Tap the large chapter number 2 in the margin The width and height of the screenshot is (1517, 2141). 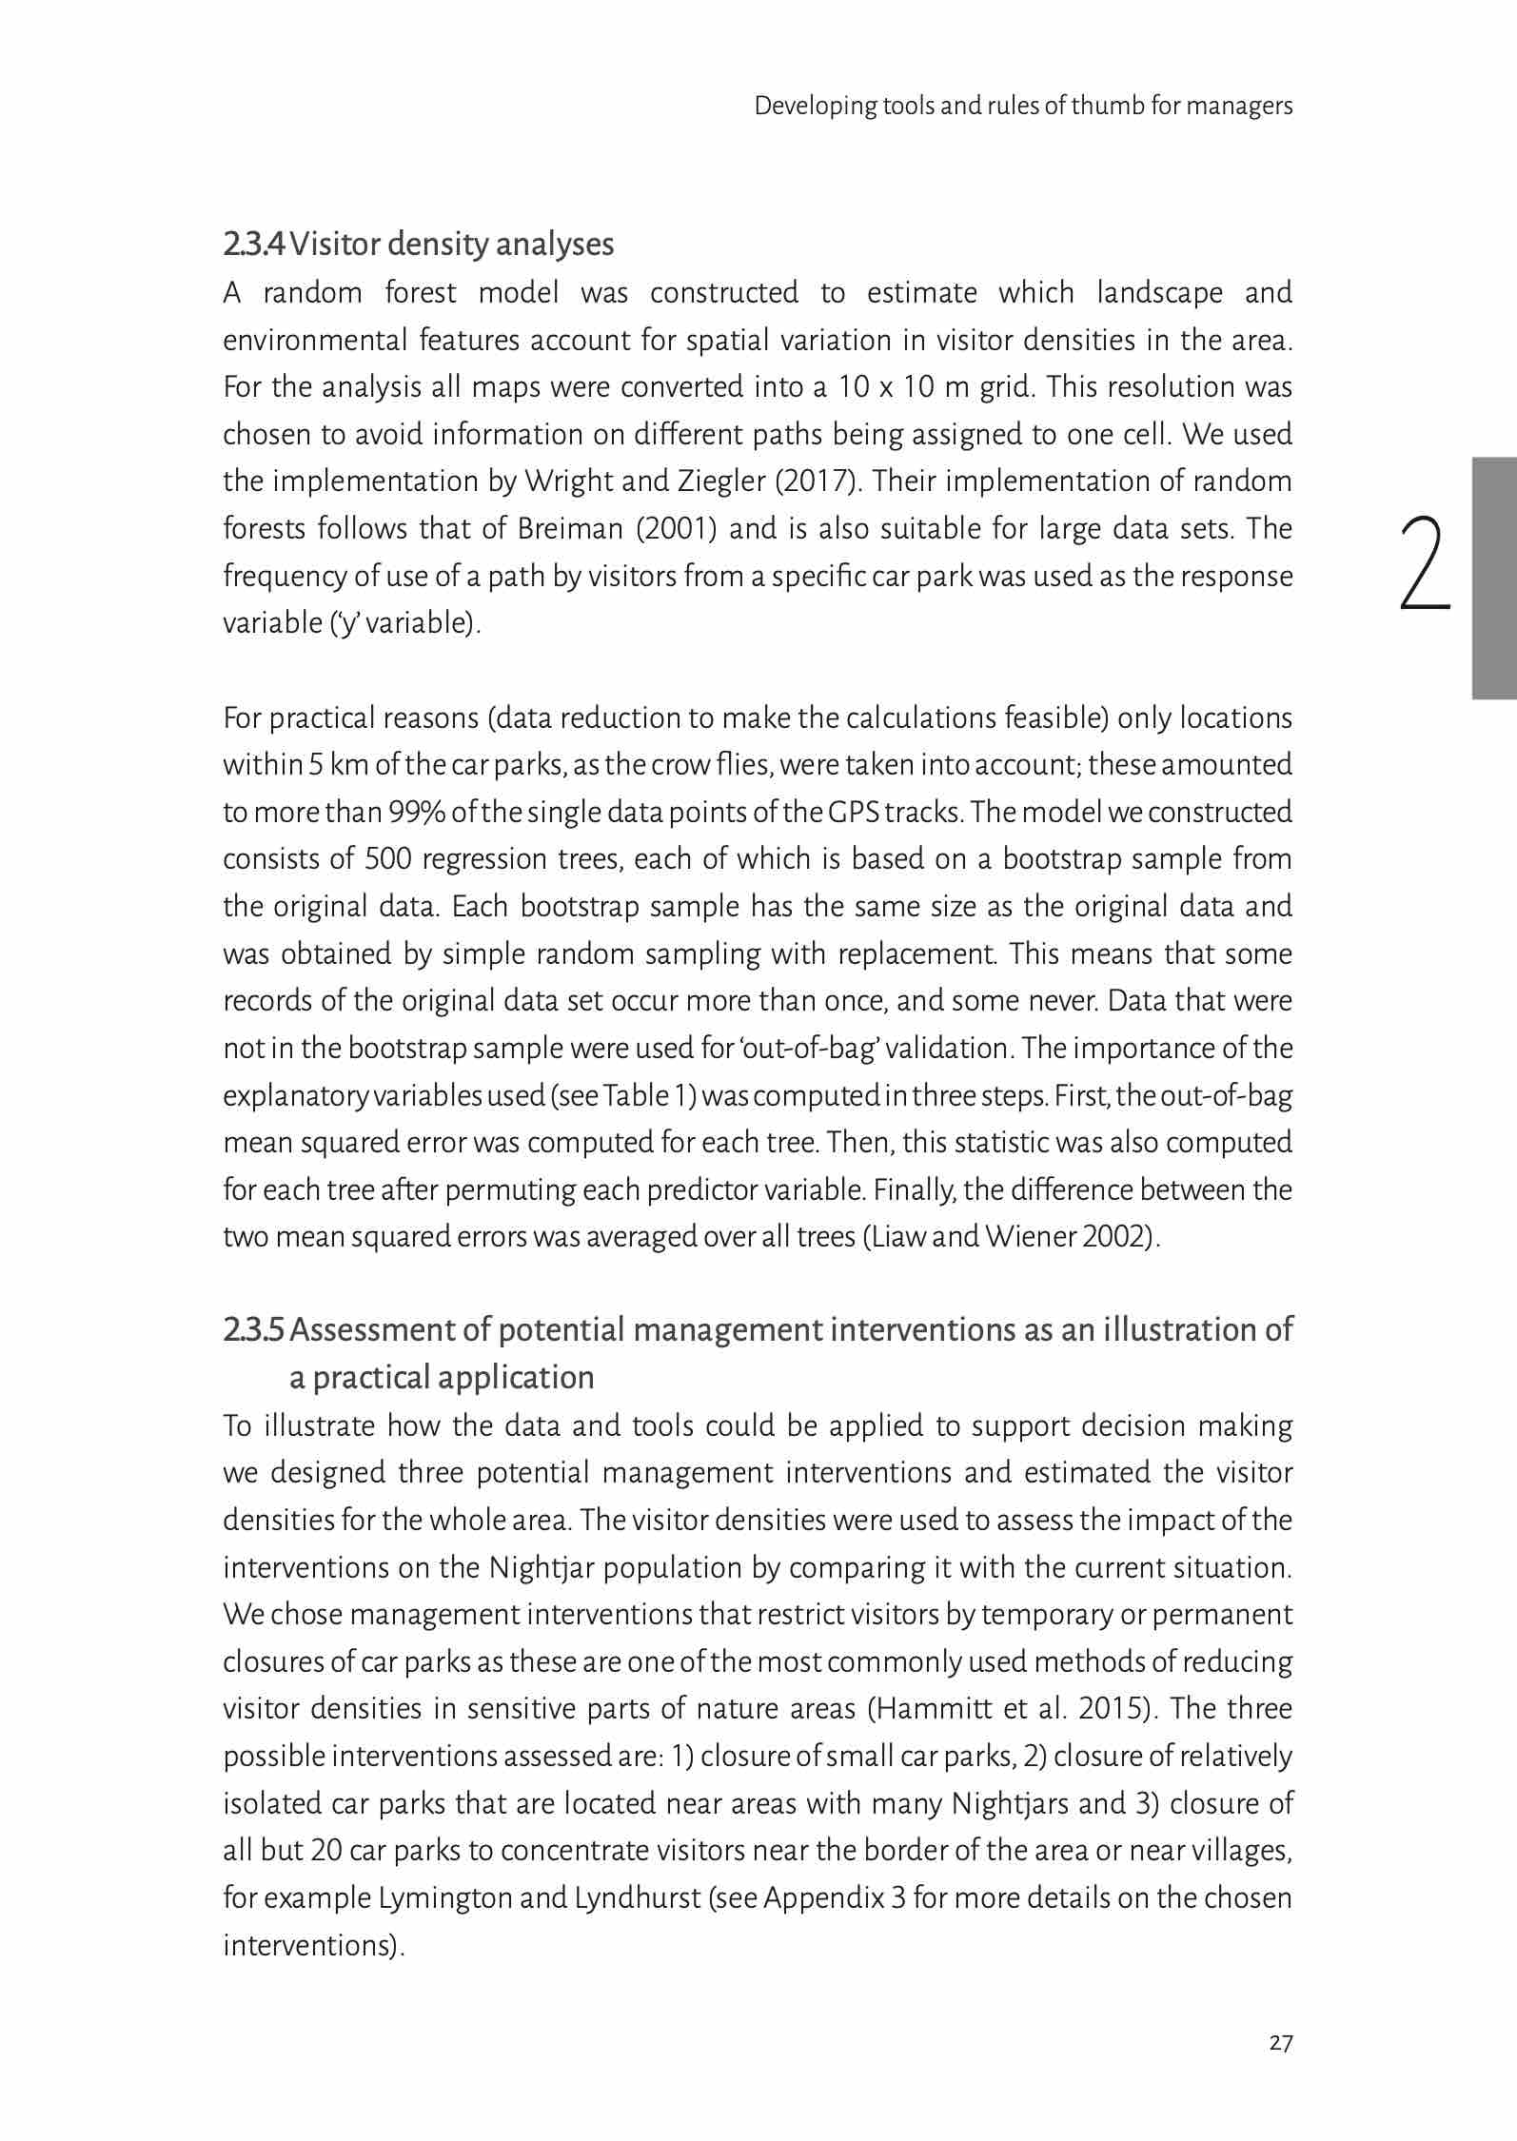(1425, 562)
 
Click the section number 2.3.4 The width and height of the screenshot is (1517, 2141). (253, 245)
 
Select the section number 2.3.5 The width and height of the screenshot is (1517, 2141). (253, 1329)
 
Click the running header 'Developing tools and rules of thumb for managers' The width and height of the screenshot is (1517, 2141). (1023, 105)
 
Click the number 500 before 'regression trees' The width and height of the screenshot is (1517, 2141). (387, 859)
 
